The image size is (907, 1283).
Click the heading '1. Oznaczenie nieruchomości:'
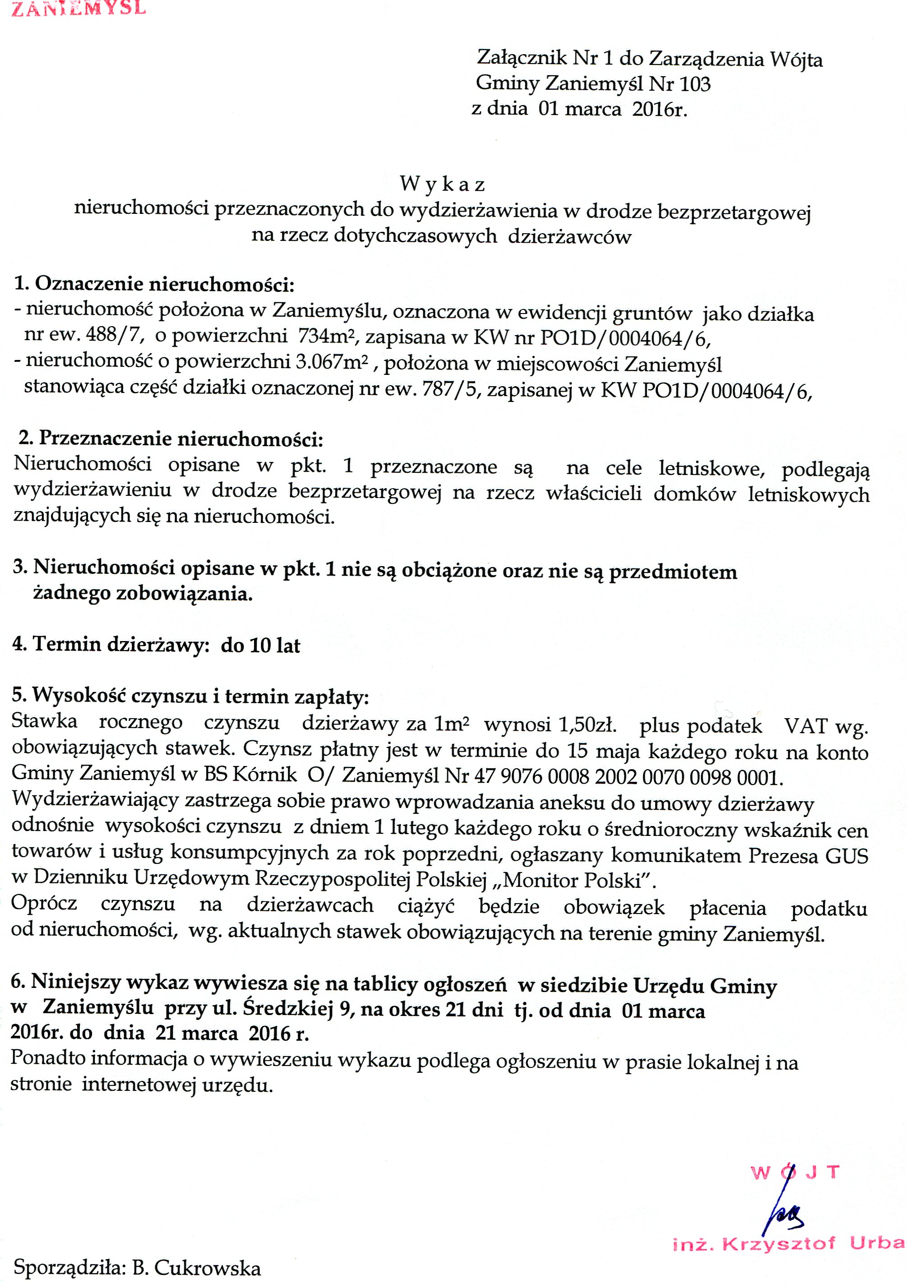154,284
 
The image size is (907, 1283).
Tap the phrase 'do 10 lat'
260,646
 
